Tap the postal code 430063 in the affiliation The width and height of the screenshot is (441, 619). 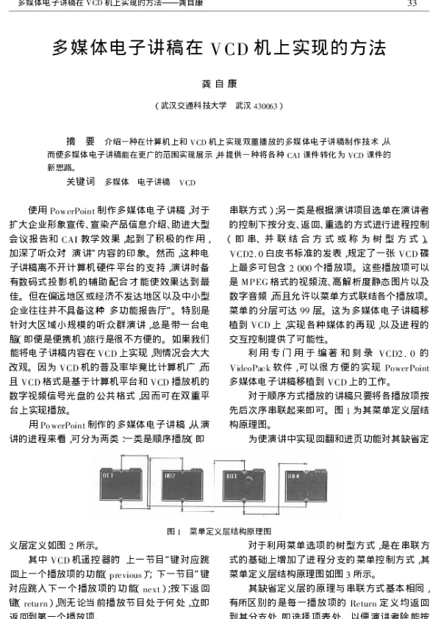pos(264,106)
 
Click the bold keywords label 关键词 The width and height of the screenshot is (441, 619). pos(81,181)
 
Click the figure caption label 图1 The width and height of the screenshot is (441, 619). pos(174,530)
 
